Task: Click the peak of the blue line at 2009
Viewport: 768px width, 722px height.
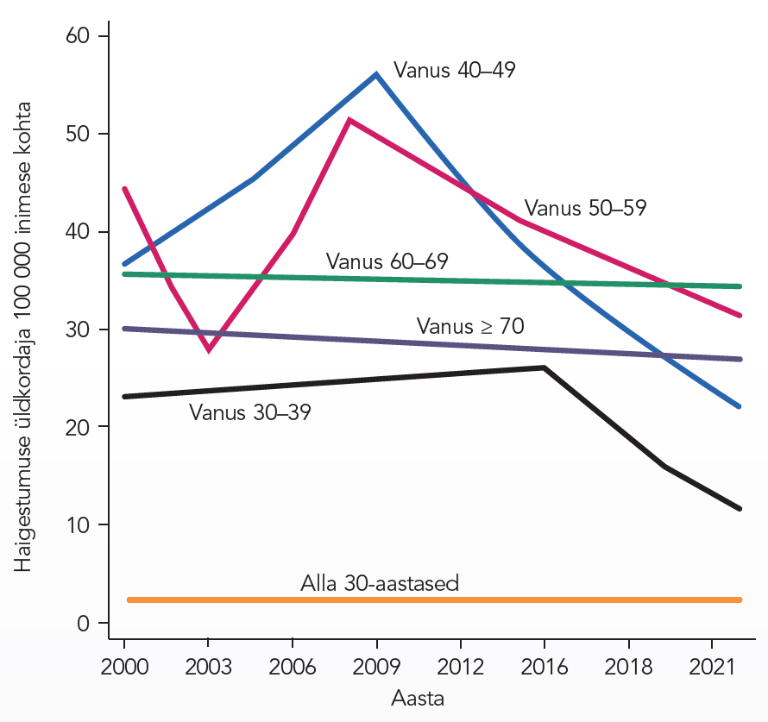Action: [x=376, y=74]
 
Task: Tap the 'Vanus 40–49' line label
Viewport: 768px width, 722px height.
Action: [x=454, y=71]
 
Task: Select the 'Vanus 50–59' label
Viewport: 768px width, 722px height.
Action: [x=585, y=208]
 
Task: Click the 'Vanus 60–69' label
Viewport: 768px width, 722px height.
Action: [x=387, y=261]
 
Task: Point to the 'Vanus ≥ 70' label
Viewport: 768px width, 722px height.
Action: [x=470, y=326]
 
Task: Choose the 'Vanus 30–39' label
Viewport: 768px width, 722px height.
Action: [x=250, y=412]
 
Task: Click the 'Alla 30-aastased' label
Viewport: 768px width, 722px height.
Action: [x=380, y=583]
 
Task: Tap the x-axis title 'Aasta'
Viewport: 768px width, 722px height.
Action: [x=418, y=698]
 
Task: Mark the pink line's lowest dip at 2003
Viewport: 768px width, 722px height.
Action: [x=208, y=350]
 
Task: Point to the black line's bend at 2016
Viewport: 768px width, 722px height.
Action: [x=544, y=367]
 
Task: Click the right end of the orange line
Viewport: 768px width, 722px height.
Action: [x=740, y=600]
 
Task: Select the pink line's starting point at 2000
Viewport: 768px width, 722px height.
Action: [x=125, y=188]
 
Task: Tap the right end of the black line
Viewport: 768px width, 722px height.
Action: [x=740, y=509]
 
